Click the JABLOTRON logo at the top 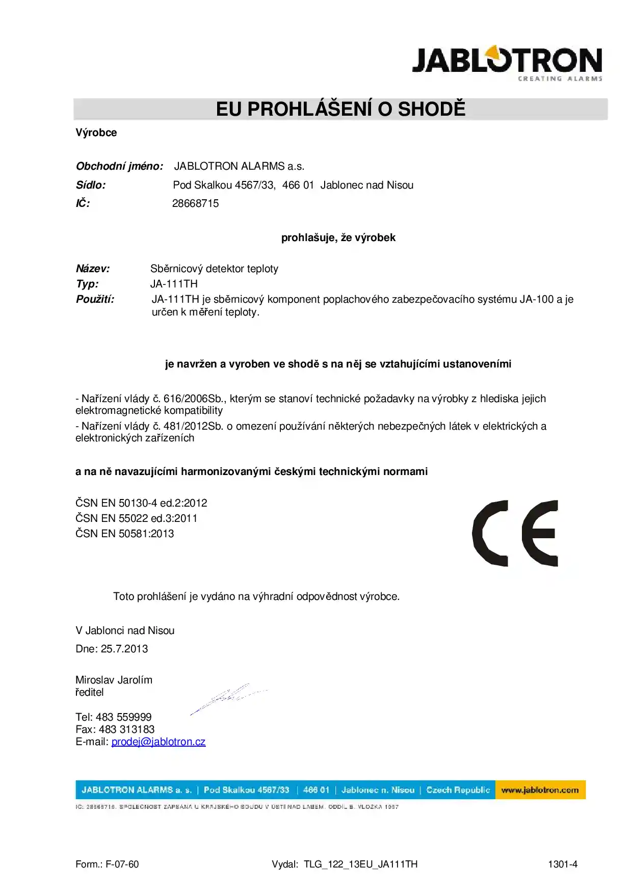[x=507, y=63]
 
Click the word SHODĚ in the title [x=431, y=109]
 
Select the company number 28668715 [x=195, y=203]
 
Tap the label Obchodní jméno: [x=119, y=166]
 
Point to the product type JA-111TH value [x=174, y=284]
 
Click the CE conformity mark [x=515, y=533]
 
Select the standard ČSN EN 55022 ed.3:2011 [x=136, y=518]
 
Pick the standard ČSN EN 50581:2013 [x=124, y=534]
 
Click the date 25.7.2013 [x=124, y=649]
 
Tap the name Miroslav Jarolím [x=114, y=680]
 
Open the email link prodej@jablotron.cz [x=159, y=742]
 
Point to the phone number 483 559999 [x=123, y=717]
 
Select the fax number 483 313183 [x=126, y=729]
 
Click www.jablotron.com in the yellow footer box [x=540, y=790]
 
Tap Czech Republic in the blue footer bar [x=458, y=790]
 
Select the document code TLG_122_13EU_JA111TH [x=360, y=864]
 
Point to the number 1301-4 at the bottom [x=563, y=864]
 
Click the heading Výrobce [x=96, y=133]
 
